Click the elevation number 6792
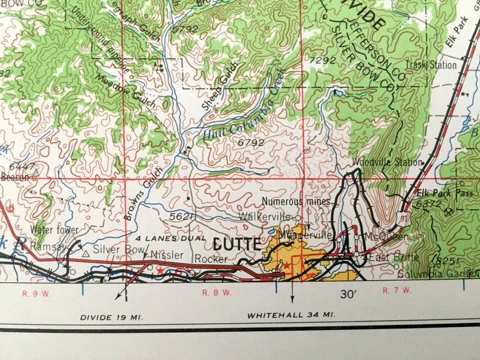[x=251, y=143]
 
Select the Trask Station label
[x=430, y=65]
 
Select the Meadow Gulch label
[x=127, y=91]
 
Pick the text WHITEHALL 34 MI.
[x=291, y=315]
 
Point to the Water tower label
[x=56, y=230]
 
